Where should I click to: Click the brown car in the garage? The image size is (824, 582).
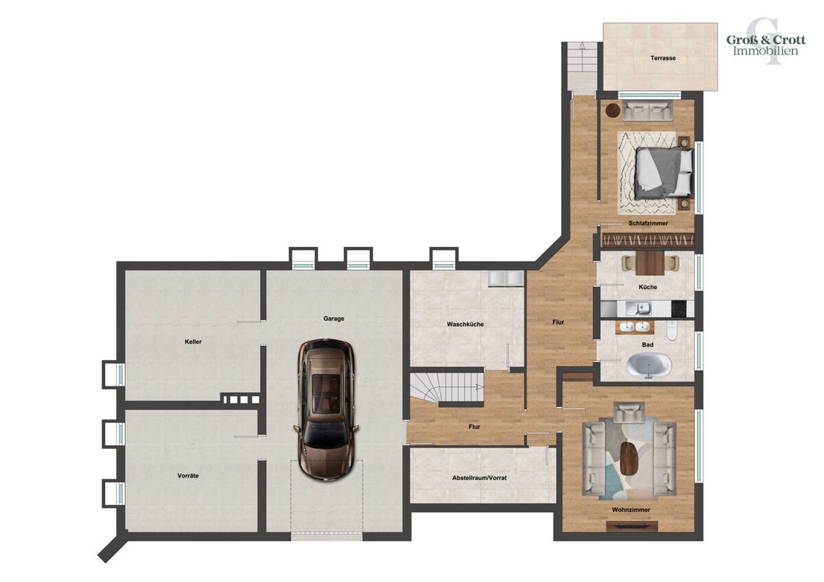326,410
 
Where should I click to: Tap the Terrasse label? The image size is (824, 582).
662,58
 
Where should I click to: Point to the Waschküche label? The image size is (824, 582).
465,324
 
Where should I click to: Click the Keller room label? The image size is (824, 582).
194,342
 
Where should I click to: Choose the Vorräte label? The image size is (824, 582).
188,476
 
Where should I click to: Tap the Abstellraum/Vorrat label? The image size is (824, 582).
479,478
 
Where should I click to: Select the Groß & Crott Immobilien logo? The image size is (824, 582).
766,45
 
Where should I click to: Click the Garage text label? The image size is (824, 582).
334,319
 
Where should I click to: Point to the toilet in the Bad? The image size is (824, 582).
672,330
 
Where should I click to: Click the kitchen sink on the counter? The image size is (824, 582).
643,309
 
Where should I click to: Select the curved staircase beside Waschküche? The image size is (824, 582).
447,388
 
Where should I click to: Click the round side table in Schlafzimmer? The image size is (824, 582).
612,111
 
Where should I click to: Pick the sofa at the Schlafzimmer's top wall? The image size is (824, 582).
647,110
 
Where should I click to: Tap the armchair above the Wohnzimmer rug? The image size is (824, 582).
629,412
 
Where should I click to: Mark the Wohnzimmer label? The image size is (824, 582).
630,510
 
